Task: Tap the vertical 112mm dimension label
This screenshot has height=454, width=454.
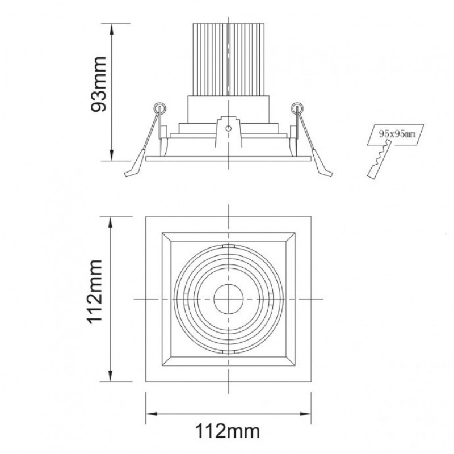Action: pos(95,292)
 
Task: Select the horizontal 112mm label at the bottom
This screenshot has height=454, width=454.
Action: pos(228,431)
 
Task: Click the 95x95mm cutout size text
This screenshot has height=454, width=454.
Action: pos(397,134)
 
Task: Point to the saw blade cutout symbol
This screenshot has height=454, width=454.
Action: pos(379,159)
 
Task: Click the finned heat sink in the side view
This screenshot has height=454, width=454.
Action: pos(229,60)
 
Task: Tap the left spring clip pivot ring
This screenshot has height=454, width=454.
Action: pos(159,108)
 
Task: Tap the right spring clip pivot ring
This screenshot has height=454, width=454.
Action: pos(297,108)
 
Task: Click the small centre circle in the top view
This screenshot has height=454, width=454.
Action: pos(229,299)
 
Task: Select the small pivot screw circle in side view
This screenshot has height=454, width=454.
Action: pos(229,128)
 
